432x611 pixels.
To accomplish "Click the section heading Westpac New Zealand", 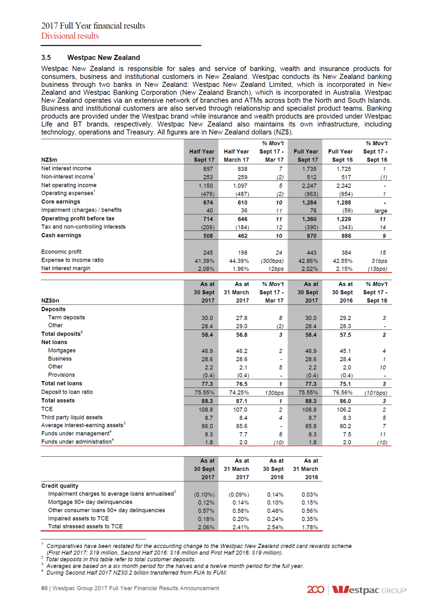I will (104, 57).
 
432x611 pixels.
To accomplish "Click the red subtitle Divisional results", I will (70, 36).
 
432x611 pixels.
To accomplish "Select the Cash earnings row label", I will (61, 235).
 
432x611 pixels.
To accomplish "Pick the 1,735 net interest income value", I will (309, 169).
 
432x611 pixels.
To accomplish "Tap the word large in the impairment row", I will (380, 211).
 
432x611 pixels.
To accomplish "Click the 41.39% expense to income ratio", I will (204, 261).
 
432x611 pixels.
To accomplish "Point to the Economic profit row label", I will (61, 252).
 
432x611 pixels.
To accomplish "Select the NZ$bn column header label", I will (50, 301).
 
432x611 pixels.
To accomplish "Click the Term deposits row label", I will (66, 317).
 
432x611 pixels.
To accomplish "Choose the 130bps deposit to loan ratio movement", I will (274, 392).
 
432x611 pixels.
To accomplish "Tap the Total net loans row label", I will (62, 383).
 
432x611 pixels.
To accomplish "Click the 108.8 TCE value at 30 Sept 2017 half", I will (206, 410).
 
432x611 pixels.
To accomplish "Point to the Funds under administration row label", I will (77, 442).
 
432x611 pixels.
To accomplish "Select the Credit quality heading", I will (60, 486).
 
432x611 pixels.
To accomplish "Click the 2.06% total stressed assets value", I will (206, 527).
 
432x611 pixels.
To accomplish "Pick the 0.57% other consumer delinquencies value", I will (206, 511).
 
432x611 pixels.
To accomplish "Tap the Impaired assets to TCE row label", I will (78, 518).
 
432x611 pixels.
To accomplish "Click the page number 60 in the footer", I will (44, 588).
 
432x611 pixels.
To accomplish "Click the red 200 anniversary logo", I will (315, 590).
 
